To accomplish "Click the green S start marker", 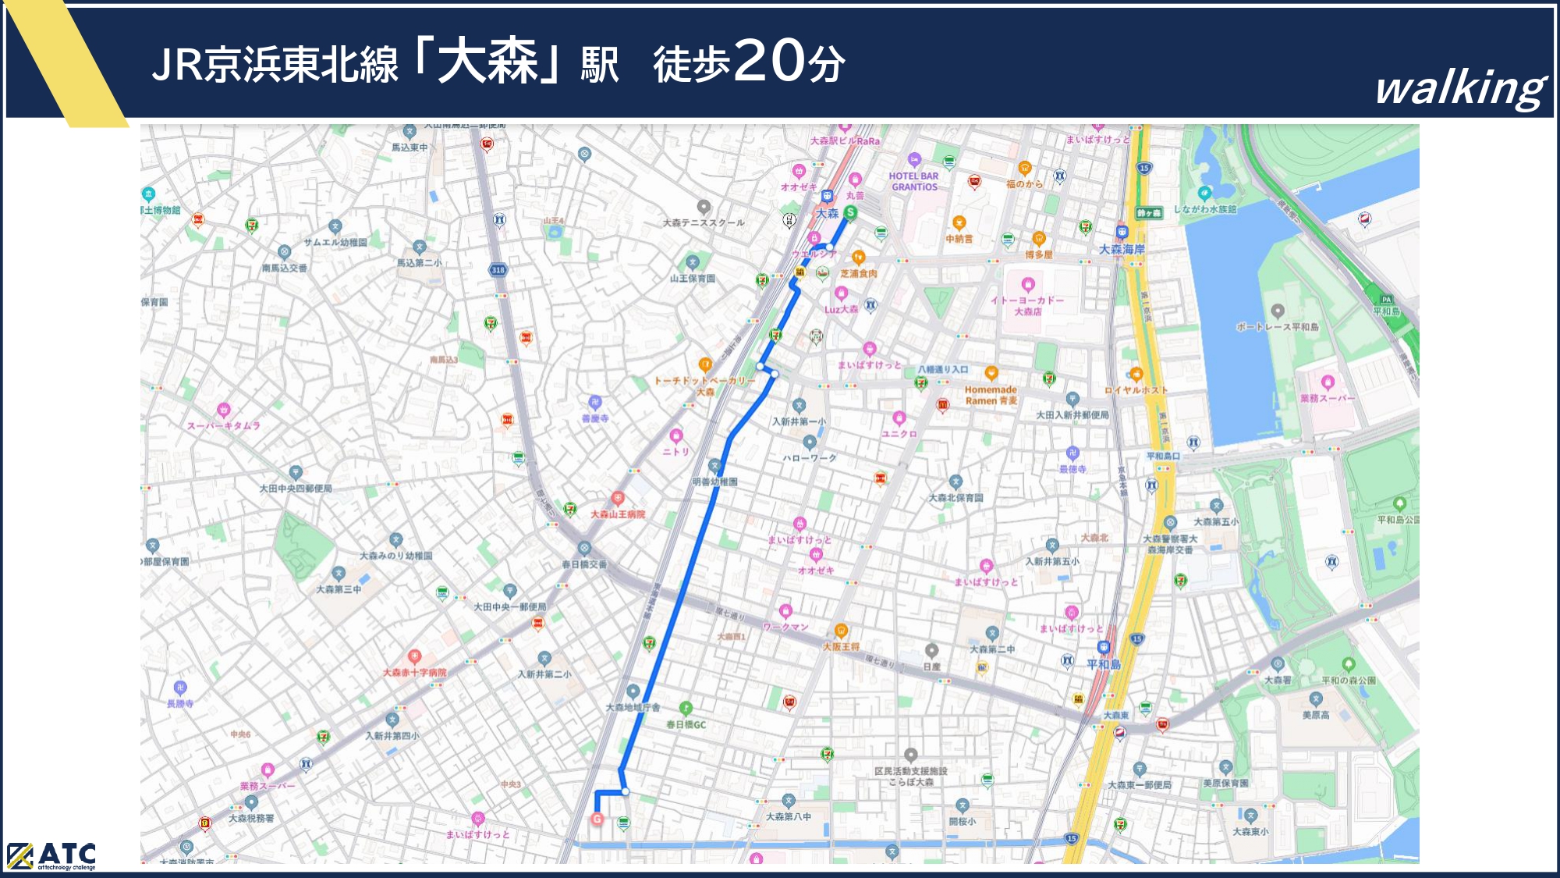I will (x=850, y=212).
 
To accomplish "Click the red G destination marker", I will (x=597, y=819).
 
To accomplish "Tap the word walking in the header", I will (x=1460, y=87).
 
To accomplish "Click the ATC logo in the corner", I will (x=51, y=856).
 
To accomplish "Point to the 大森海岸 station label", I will (x=1122, y=250).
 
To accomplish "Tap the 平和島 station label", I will (x=1104, y=664).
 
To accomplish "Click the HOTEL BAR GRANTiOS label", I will (x=914, y=181).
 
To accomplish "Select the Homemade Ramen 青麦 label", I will (x=991, y=395).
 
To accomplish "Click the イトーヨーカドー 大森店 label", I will (x=1027, y=306).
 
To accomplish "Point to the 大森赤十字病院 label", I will (x=414, y=673).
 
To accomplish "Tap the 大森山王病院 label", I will (x=618, y=514).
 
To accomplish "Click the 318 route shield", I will (x=498, y=270).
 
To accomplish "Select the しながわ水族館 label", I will (x=1205, y=209).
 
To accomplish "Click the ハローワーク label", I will (x=810, y=457).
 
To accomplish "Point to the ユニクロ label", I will (x=899, y=434).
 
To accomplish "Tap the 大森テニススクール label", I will (x=704, y=222).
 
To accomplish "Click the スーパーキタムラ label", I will (x=224, y=425).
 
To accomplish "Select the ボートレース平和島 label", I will (x=1277, y=326).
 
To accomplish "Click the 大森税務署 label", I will (x=251, y=818).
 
